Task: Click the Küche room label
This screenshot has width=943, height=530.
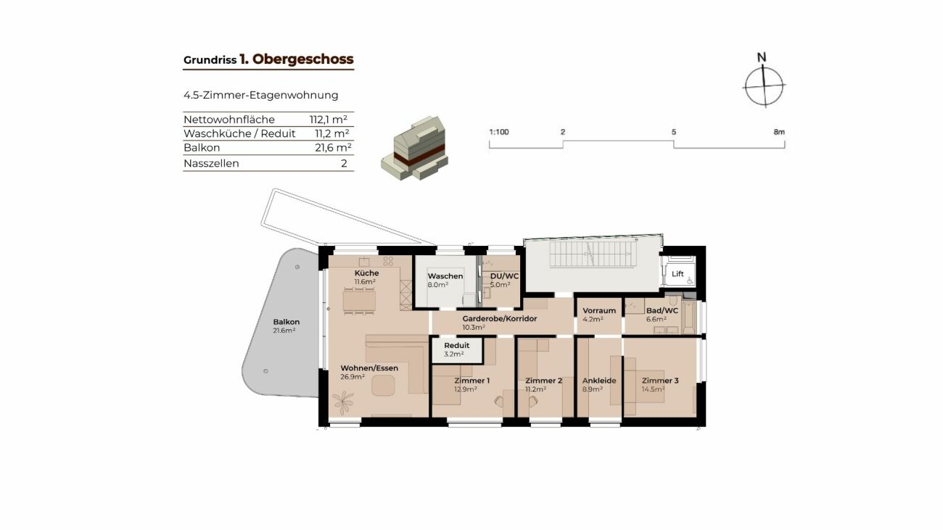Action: (x=366, y=273)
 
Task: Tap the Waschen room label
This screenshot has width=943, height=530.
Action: (x=445, y=276)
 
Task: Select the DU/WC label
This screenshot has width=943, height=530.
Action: (x=504, y=276)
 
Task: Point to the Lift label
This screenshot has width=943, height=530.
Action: (x=678, y=274)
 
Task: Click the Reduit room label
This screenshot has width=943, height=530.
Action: (x=456, y=345)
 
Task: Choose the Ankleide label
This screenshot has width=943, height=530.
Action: (x=599, y=381)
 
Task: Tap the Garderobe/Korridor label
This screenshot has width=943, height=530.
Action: (x=499, y=318)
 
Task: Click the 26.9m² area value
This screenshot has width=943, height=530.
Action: (x=353, y=377)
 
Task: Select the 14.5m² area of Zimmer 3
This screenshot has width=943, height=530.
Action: (x=653, y=389)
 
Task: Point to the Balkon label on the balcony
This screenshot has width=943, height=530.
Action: (x=287, y=322)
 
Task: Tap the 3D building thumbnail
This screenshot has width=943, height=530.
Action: (x=414, y=148)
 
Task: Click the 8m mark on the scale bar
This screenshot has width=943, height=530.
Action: (x=779, y=132)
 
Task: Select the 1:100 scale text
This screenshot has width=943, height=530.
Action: (x=499, y=132)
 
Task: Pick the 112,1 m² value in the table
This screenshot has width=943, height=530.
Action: (x=329, y=120)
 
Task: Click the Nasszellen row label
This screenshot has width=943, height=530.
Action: (x=211, y=163)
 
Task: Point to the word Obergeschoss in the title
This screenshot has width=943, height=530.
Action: (x=302, y=59)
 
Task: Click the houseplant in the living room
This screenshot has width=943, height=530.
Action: (x=343, y=402)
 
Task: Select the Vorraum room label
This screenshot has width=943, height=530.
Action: (x=599, y=310)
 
